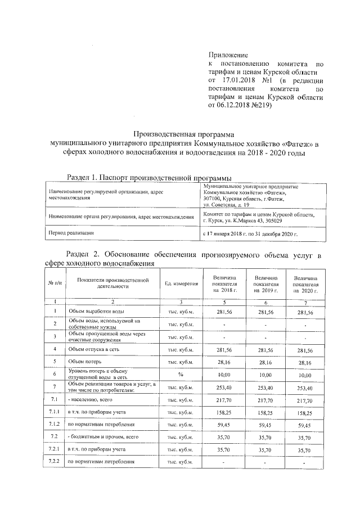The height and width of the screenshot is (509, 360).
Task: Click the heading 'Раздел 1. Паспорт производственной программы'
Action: tap(148, 178)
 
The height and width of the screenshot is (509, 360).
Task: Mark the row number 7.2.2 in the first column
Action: tap(55, 461)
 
